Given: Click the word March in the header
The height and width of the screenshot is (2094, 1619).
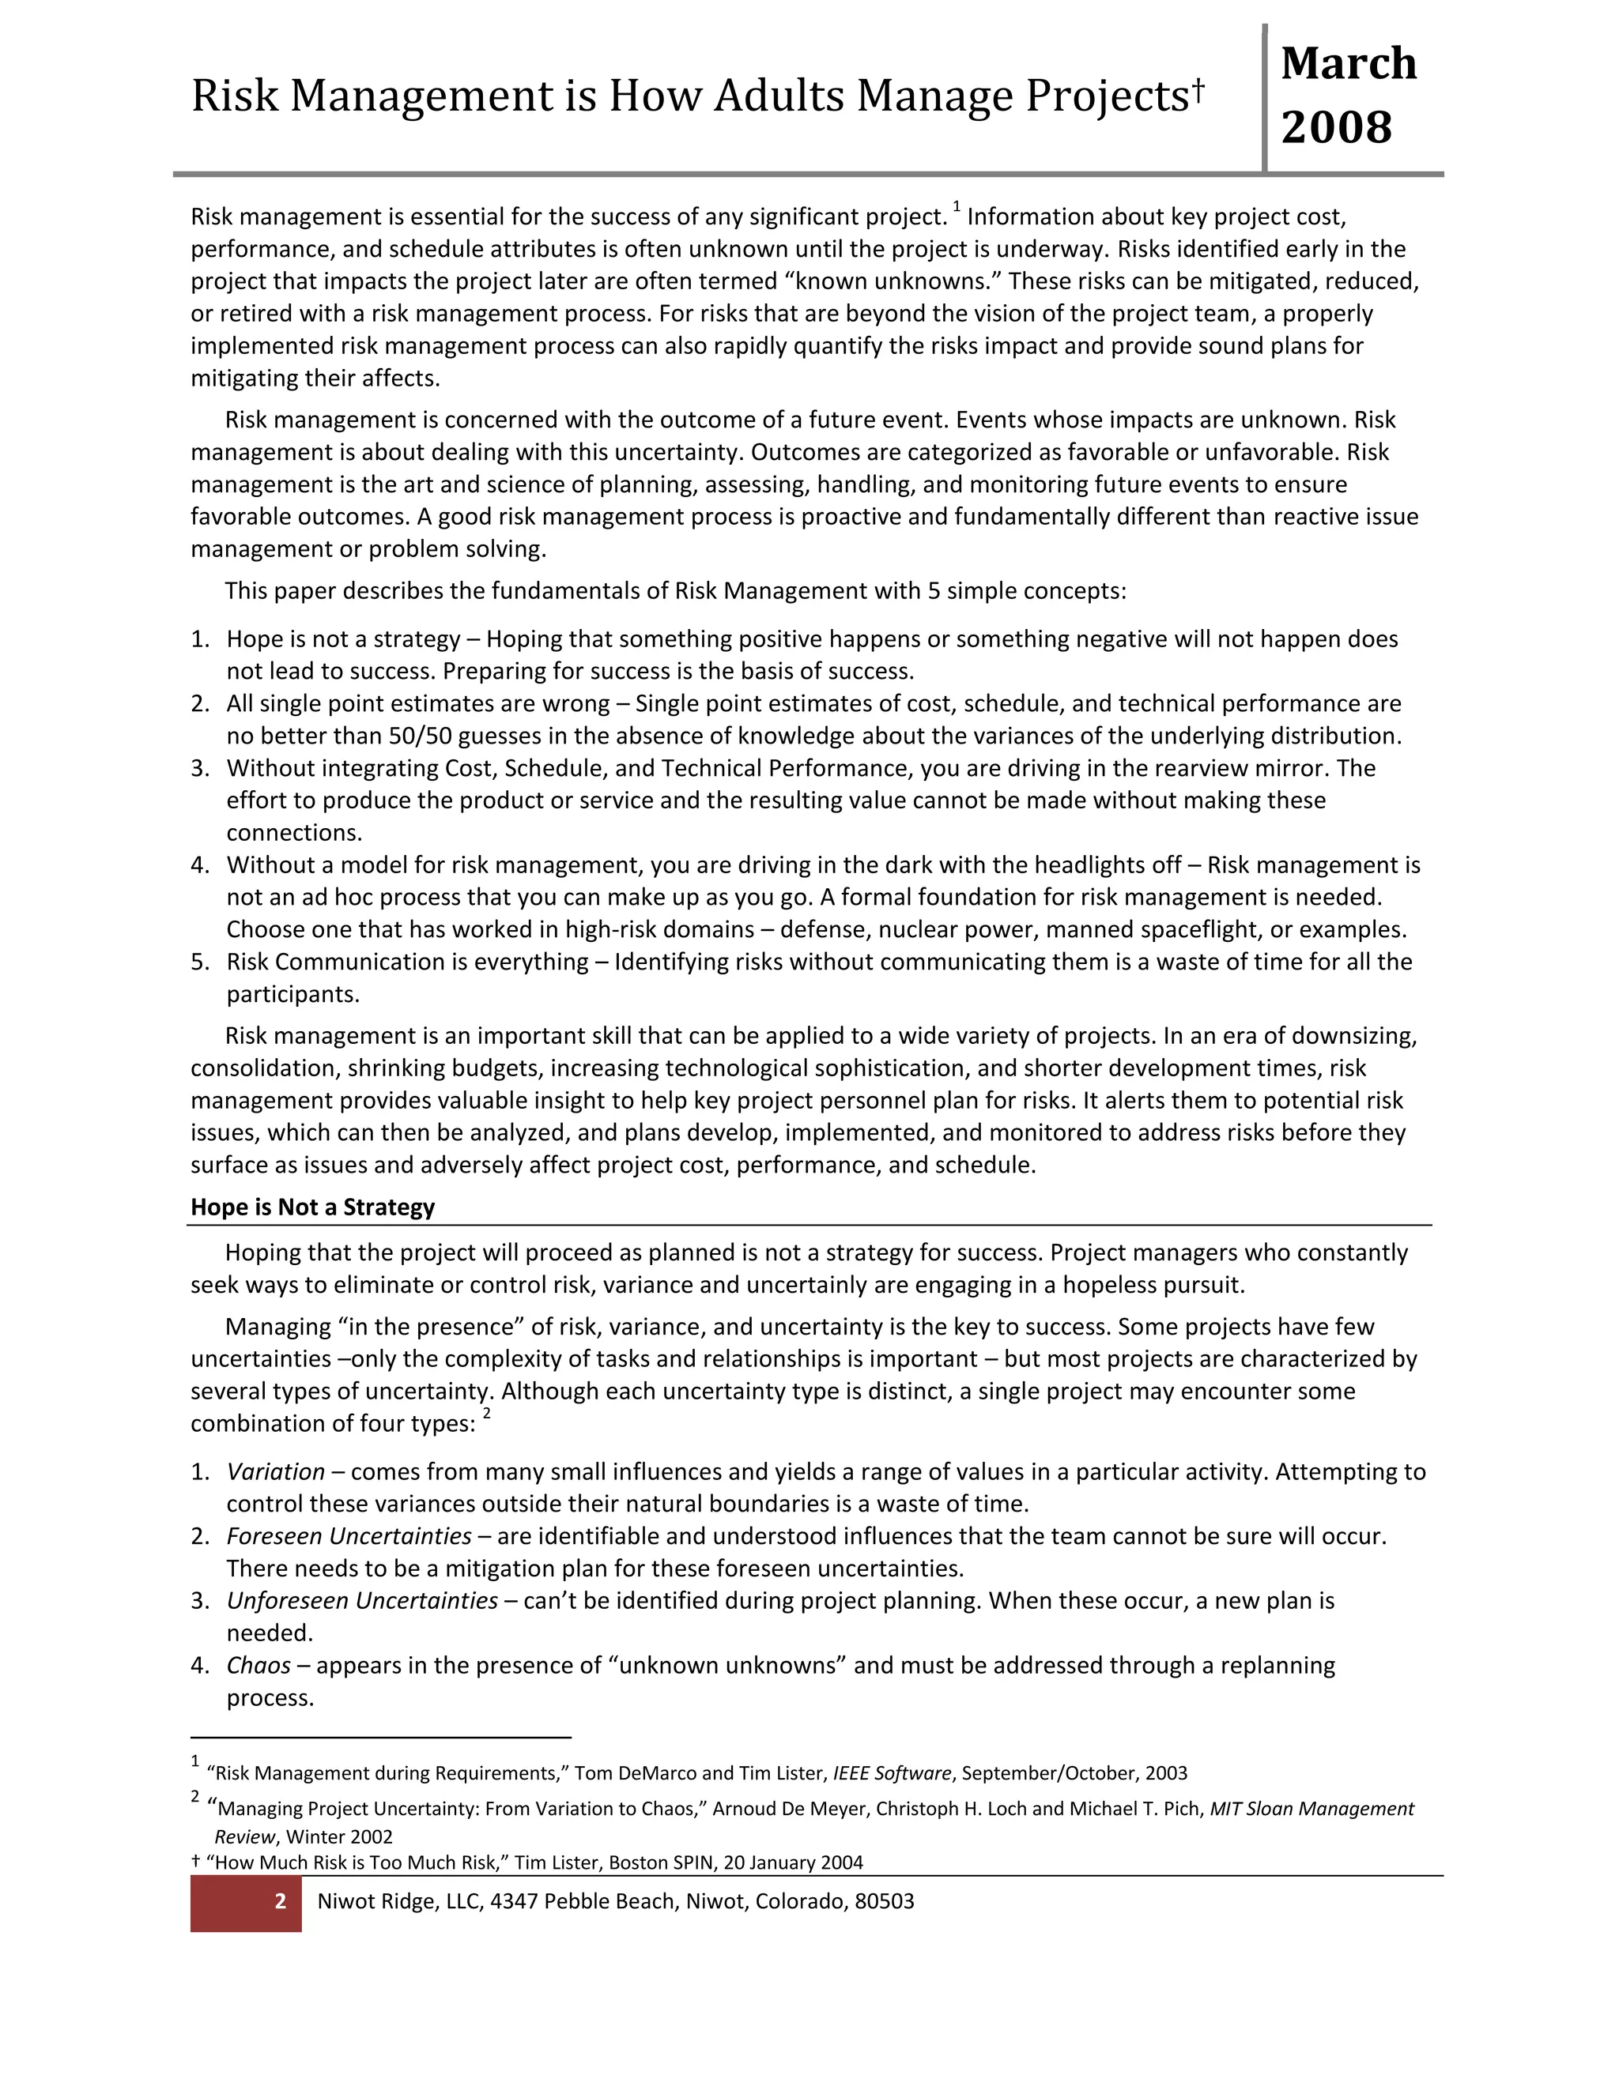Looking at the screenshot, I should (x=1348, y=64).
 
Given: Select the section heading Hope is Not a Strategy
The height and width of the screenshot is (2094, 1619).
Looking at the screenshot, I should (x=313, y=1207).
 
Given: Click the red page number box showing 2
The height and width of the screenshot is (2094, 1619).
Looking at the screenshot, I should (x=247, y=1902).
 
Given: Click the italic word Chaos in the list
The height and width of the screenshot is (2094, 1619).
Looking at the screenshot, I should (x=258, y=1666).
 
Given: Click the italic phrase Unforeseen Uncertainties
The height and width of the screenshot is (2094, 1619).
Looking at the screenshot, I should (x=361, y=1601).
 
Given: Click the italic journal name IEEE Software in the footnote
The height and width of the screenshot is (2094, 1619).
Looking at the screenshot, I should (x=891, y=1774).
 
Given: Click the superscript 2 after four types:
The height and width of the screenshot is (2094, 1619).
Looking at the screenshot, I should (x=486, y=1414).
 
